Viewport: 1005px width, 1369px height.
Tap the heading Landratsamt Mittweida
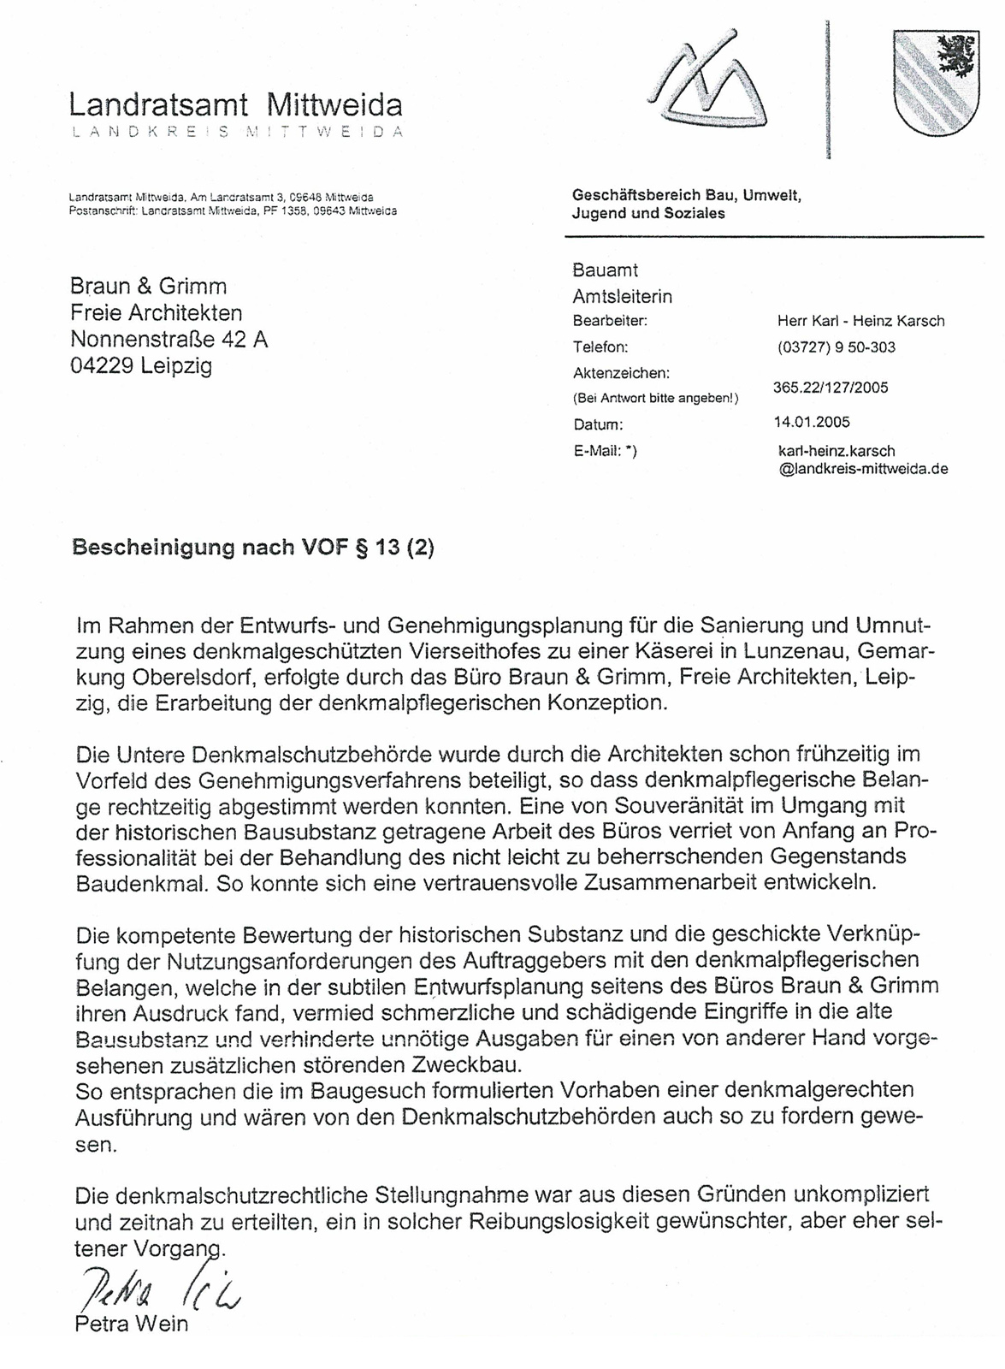pos(235,105)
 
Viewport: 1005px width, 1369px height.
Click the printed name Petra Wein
pos(131,1324)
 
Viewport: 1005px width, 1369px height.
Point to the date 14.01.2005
pos(811,422)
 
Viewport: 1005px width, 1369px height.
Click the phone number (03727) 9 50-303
pos(836,347)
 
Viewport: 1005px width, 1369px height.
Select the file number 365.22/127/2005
pos(831,388)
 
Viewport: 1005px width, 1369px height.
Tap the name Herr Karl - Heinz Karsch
pos(860,321)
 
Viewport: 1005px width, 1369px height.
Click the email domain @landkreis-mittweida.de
pos(864,469)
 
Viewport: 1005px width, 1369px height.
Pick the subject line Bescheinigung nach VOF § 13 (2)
pos(253,548)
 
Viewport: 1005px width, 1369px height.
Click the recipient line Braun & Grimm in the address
pos(148,286)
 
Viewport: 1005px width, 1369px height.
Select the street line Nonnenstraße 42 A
pos(169,340)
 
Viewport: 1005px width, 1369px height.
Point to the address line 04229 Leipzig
pos(141,366)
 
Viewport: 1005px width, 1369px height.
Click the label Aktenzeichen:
pos(621,373)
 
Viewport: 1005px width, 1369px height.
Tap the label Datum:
pos(599,424)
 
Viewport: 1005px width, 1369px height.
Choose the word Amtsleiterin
pos(622,297)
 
